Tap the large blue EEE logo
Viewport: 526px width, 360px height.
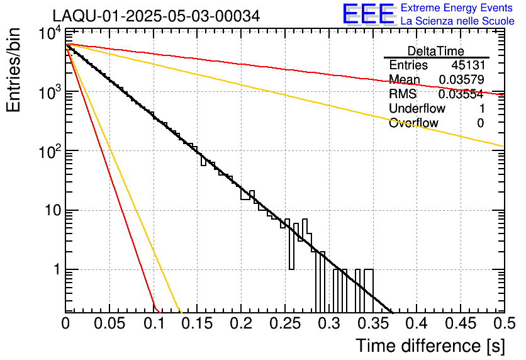(x=368, y=14)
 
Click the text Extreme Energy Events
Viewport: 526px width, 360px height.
(x=457, y=8)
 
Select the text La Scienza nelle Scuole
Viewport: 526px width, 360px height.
(x=457, y=21)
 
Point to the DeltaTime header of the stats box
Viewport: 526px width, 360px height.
(x=435, y=51)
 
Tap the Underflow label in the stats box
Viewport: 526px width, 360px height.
(x=417, y=109)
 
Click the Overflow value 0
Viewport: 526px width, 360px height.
(x=480, y=123)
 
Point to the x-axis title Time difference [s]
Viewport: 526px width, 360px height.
(x=430, y=346)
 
